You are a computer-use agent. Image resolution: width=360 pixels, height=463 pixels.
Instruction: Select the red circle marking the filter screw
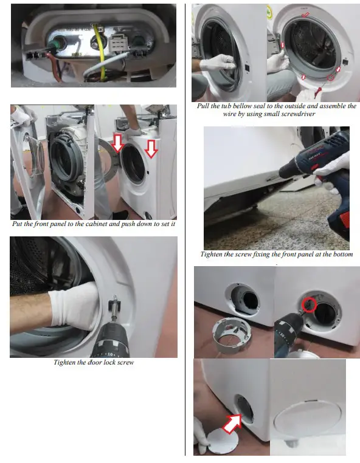click(x=309, y=304)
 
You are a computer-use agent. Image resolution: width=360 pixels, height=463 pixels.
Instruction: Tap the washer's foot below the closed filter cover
click(x=294, y=448)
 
